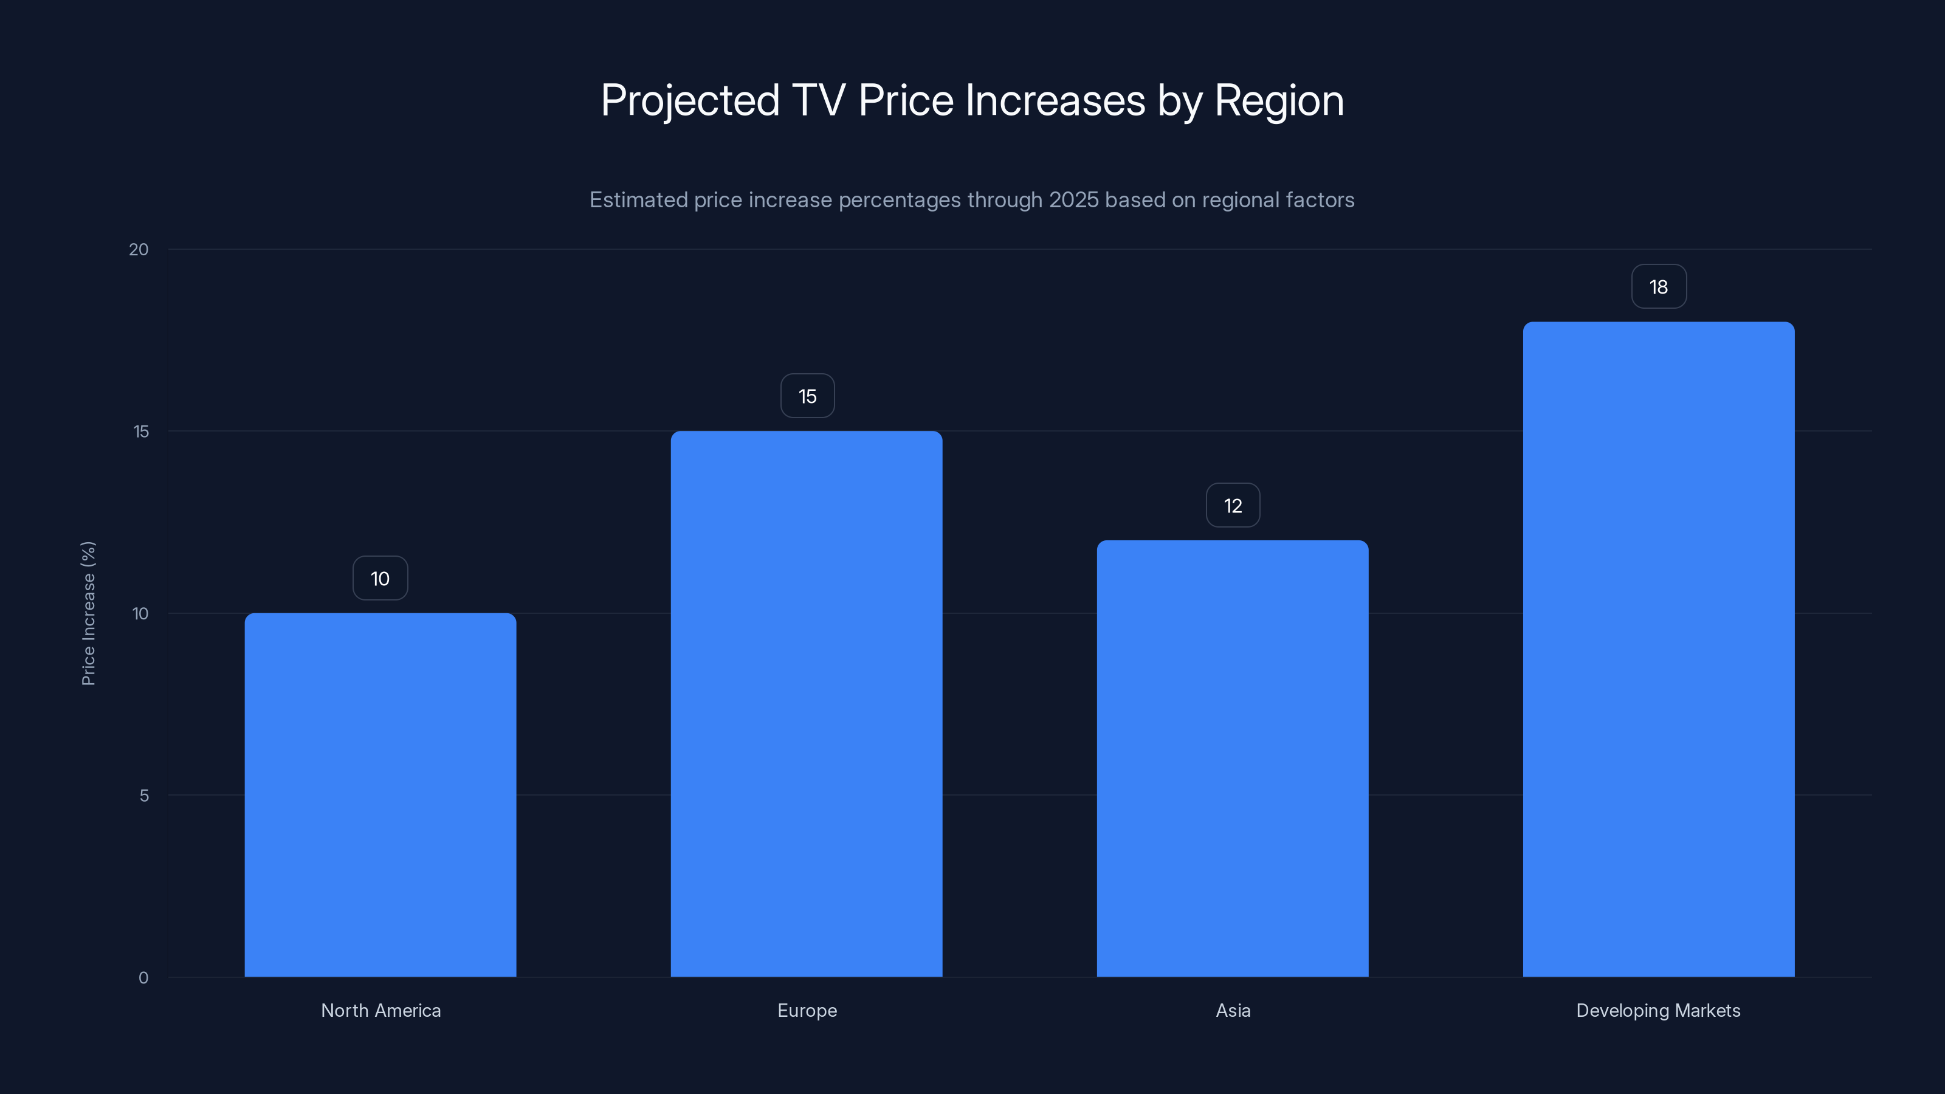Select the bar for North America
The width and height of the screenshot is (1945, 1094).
tap(380, 794)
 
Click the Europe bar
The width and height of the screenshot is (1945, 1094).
tap(807, 704)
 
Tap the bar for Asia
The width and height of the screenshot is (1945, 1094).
tap(1232, 758)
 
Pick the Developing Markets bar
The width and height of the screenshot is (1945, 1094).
tap(1658, 649)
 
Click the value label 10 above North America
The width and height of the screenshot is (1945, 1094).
tap(380, 579)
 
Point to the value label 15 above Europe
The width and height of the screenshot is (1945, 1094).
tap(807, 396)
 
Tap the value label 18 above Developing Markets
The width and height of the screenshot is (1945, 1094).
tap(1659, 287)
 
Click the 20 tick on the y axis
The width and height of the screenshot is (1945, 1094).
tap(139, 250)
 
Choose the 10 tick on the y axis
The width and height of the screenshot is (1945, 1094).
tap(140, 614)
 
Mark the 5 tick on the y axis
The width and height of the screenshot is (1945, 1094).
tap(144, 796)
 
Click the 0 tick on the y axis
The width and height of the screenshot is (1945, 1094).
tap(143, 978)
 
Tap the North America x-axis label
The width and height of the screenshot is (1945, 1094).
tap(380, 1011)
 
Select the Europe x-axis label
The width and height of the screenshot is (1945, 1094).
tap(807, 1011)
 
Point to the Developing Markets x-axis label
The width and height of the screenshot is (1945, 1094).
tap(1658, 1011)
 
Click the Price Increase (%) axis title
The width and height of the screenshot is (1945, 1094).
tap(88, 613)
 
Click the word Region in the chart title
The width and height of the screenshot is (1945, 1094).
tap(1279, 100)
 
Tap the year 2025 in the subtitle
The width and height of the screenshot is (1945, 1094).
tap(1073, 200)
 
